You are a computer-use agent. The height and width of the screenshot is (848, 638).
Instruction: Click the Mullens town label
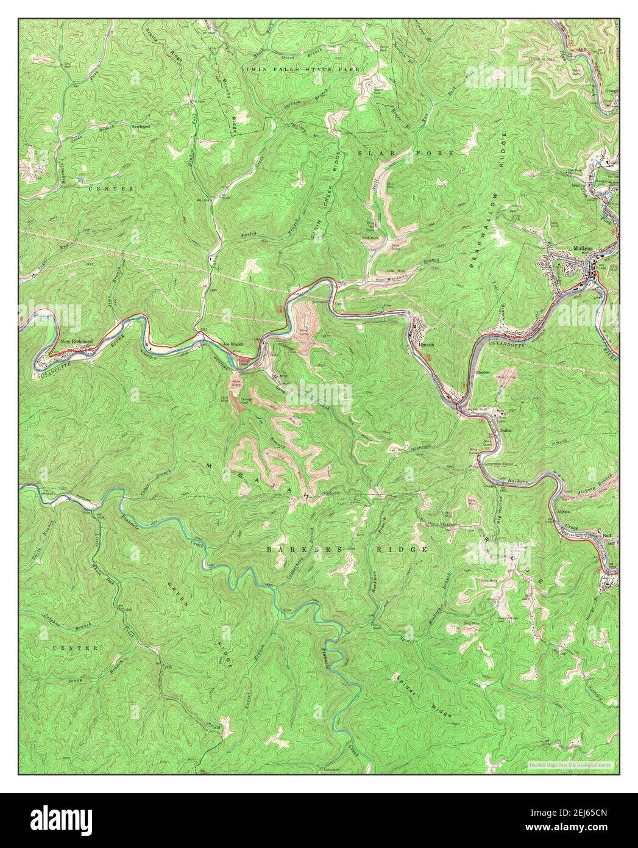click(584, 248)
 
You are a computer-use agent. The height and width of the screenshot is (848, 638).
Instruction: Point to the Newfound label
click(140, 127)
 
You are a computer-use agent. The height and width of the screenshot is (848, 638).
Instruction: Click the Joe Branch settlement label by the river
click(233, 345)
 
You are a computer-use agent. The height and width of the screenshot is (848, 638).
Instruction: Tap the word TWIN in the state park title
click(256, 70)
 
